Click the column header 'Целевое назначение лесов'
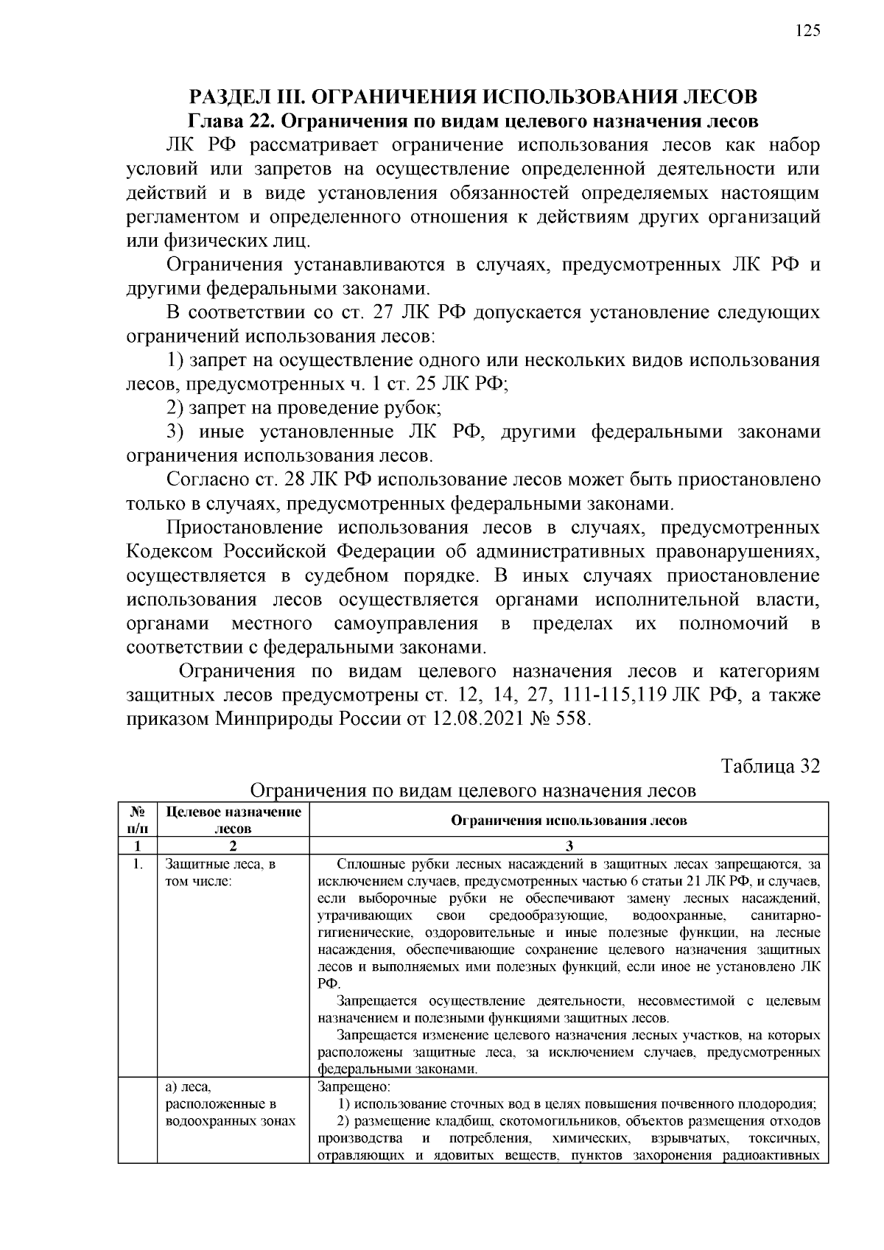233,819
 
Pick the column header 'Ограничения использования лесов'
568,820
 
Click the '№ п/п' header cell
137,819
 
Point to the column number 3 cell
569,845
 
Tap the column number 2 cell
233,845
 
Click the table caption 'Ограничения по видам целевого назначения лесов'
473,790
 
